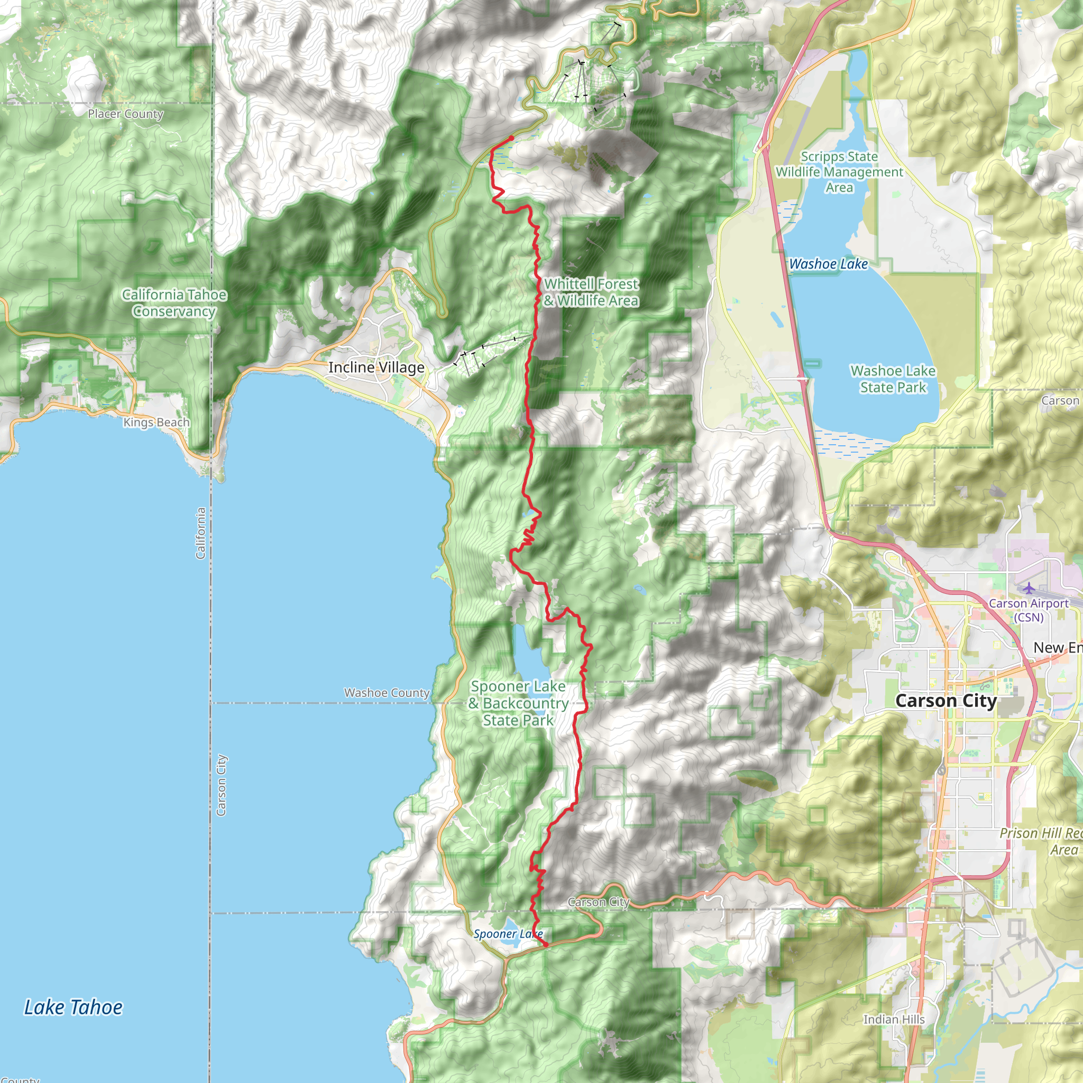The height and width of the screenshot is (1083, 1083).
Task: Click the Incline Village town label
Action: coord(376,367)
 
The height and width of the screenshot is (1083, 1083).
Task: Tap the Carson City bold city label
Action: coord(946,701)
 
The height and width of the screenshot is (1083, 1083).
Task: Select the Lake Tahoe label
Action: coord(74,1007)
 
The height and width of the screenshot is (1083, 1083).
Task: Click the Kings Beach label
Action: coord(157,422)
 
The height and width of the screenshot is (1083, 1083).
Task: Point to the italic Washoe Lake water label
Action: coord(829,264)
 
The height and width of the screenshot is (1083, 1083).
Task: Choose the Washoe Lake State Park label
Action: coord(893,379)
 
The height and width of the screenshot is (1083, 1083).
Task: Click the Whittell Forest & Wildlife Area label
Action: coord(591,292)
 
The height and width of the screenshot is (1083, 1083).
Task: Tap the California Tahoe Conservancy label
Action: coord(175,302)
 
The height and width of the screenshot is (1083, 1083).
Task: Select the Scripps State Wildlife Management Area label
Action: coord(839,172)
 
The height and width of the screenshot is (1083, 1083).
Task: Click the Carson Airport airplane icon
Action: coord(1029,588)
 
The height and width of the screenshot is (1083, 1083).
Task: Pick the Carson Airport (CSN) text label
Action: coord(1029,610)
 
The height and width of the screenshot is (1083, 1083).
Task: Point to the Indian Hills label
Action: coord(894,1019)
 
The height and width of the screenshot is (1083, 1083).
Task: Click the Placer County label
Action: coord(125,114)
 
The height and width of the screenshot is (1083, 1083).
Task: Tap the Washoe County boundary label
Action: coord(387,693)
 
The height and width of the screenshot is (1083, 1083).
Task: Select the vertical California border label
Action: coord(200,533)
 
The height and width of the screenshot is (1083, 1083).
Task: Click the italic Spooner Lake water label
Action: coord(508,934)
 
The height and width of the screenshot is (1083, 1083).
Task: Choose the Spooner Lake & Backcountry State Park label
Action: coord(519,703)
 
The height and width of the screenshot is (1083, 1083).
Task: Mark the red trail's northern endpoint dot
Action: coord(511,139)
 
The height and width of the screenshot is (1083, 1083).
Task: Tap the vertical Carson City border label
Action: coord(221,785)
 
